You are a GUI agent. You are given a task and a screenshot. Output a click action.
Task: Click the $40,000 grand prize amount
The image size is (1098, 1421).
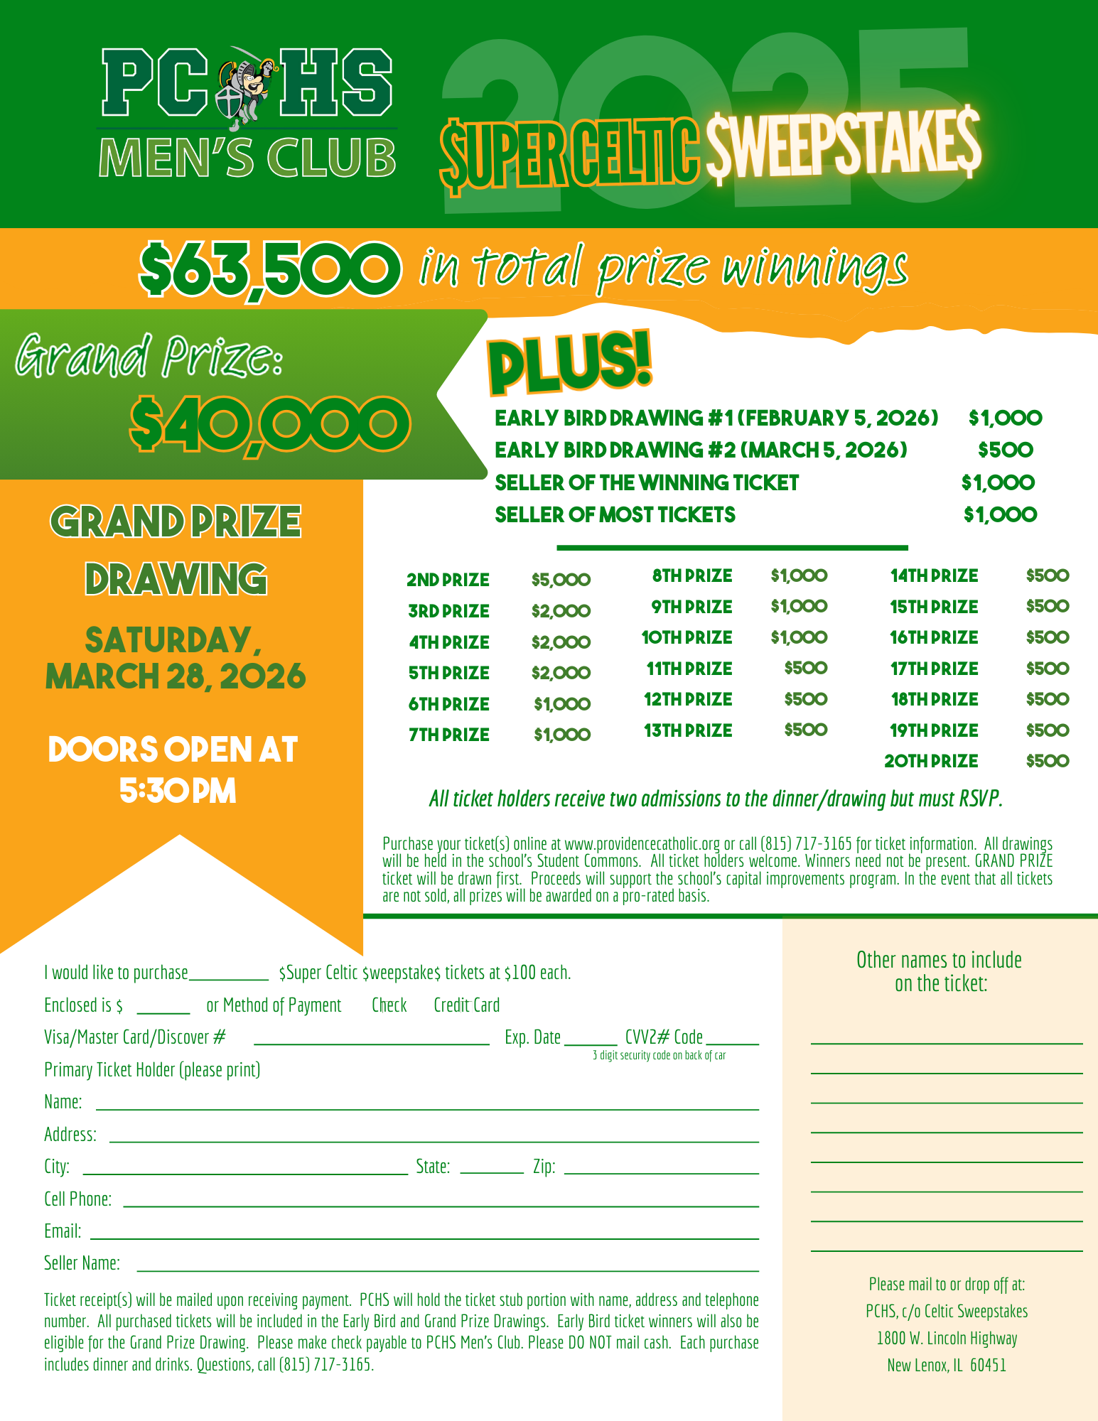pyautogui.click(x=270, y=424)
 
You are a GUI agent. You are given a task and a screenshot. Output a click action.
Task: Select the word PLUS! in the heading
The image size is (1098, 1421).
pyautogui.click(x=569, y=363)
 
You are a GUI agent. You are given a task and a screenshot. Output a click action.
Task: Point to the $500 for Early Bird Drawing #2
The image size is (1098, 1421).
pyautogui.click(x=1005, y=450)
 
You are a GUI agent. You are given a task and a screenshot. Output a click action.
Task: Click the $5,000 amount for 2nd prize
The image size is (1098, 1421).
pyautogui.click(x=561, y=580)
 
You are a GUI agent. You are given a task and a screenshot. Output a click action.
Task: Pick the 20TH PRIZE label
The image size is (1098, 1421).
pyautogui.click(x=931, y=761)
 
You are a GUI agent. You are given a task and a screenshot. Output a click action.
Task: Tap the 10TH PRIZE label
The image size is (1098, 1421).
pyautogui.click(x=687, y=637)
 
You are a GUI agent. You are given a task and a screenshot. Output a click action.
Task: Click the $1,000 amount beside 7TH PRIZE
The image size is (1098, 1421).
pyautogui.click(x=562, y=735)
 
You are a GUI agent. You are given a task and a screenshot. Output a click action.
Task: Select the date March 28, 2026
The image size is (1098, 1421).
pyautogui.click(x=176, y=676)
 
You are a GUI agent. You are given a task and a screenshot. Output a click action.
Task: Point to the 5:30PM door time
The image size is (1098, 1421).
pyautogui.click(x=178, y=791)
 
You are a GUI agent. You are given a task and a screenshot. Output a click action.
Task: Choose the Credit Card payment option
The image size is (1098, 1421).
pyautogui.click(x=466, y=1005)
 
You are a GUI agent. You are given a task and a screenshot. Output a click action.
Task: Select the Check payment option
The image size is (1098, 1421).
pyautogui.click(x=389, y=1005)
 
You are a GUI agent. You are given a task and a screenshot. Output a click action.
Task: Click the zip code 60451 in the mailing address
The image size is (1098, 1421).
pyautogui.click(x=988, y=1365)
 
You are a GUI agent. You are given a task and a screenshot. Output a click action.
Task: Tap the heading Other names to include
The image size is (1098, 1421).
pyautogui.click(x=939, y=960)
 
